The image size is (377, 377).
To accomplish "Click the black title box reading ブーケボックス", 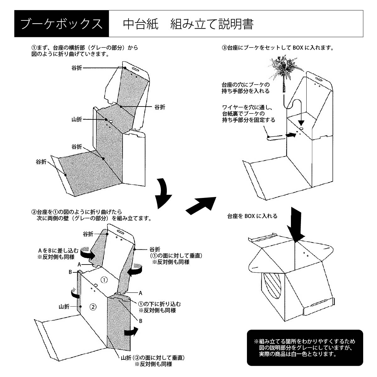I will coord(62,24).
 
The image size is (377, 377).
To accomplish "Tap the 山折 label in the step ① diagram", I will coord(77,119).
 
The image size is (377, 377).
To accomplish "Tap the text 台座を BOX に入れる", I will coord(252,216).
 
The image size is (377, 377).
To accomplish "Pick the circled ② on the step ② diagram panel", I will coord(93,307).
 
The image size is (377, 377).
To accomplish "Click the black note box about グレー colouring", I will coord(305,347).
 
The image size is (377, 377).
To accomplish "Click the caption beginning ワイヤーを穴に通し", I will coord(248,113).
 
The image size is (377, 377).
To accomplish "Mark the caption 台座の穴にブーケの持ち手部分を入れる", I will coord(245,88).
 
